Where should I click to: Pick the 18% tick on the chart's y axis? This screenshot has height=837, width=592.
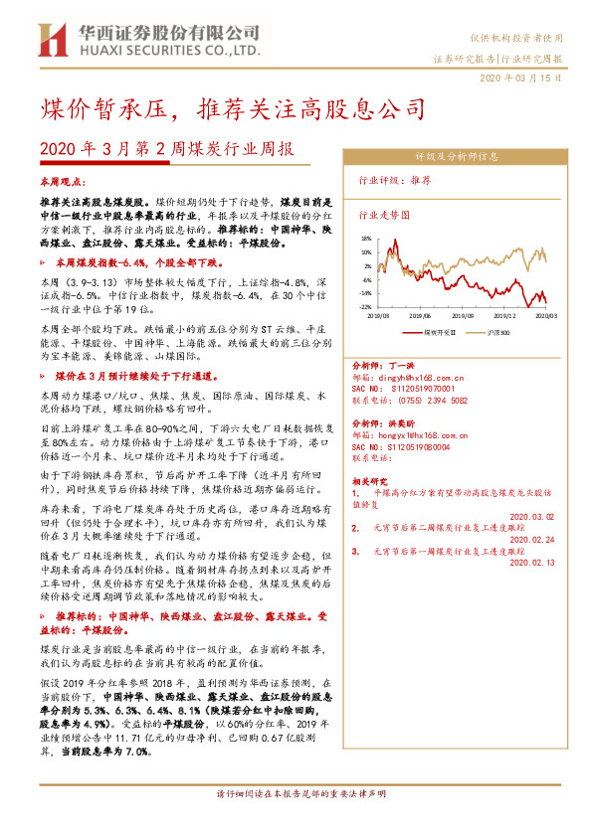(x=365, y=239)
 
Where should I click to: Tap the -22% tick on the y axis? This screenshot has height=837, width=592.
(x=364, y=307)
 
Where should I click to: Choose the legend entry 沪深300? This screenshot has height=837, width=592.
(x=498, y=332)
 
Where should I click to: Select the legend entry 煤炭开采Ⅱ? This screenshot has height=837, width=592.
(x=439, y=332)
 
